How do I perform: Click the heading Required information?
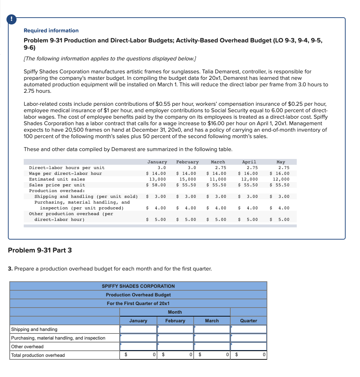(51, 31)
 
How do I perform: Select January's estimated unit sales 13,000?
(157, 179)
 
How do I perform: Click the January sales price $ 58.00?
(156, 185)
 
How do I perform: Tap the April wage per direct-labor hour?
(248, 173)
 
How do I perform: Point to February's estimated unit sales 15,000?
(188, 179)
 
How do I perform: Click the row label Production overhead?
(57, 191)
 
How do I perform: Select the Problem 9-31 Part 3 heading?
(40, 250)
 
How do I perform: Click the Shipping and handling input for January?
(138, 329)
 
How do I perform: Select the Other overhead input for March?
(212, 346)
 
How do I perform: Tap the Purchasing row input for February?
(175, 338)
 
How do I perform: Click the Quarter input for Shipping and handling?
(249, 329)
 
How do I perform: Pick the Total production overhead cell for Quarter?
(249, 355)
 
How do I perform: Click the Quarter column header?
(249, 321)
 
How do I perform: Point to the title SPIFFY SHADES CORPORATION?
(138, 286)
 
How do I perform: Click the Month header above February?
(175, 312)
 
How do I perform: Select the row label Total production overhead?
(38, 355)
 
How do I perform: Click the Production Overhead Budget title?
(138, 295)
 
